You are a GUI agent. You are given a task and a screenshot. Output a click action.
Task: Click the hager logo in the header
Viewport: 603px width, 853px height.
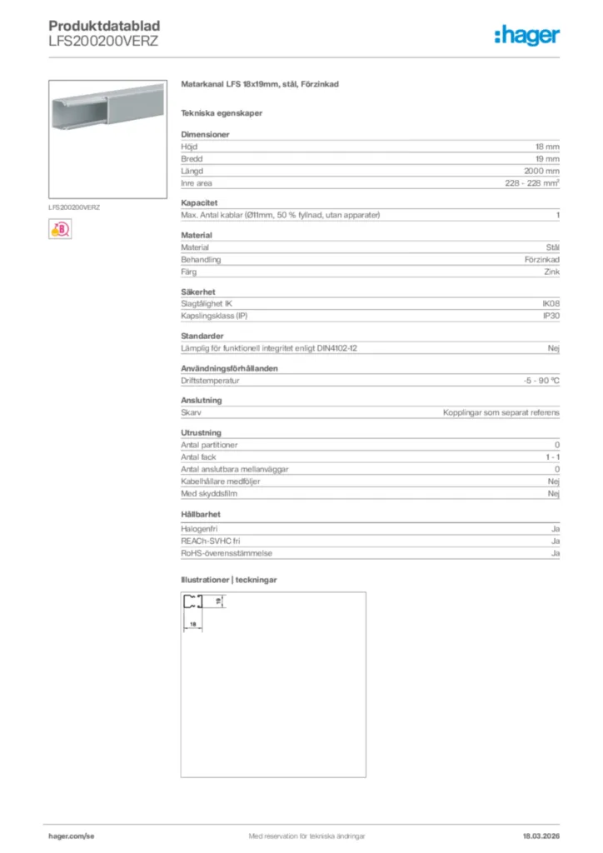[527, 34]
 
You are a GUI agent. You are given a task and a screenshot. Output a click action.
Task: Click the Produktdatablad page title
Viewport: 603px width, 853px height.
[104, 27]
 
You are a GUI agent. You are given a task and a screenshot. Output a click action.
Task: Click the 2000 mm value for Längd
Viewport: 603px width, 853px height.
[541, 171]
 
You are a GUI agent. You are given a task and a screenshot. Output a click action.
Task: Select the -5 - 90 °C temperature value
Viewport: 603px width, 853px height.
[536, 380]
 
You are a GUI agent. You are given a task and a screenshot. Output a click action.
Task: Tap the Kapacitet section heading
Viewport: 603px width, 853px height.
[199, 202]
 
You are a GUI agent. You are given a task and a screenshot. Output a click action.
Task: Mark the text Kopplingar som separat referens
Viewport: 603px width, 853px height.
[501, 412]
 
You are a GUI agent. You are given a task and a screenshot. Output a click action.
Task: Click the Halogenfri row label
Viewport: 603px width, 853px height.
[200, 529]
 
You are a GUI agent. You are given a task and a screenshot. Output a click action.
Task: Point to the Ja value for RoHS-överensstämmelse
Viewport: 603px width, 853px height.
[555, 553]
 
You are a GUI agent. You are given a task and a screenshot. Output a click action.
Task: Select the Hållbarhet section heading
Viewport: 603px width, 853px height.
[201, 514]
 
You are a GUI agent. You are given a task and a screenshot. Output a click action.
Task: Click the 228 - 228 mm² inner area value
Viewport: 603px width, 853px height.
[532, 183]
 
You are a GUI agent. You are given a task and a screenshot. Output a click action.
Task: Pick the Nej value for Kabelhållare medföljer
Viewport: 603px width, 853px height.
[553, 481]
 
